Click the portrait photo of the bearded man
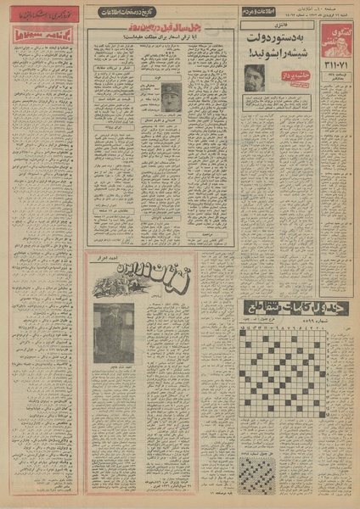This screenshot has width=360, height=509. [255, 77]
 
